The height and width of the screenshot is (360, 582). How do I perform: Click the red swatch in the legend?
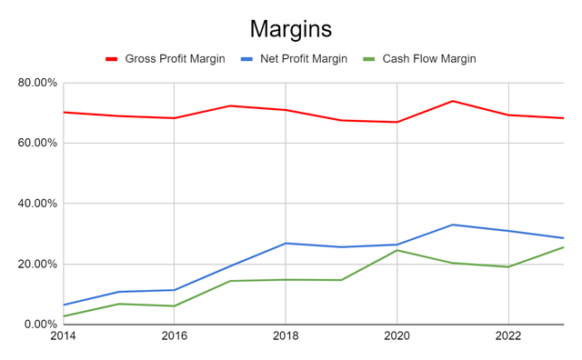click(x=113, y=59)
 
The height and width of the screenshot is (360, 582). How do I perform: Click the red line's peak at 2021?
click(x=452, y=101)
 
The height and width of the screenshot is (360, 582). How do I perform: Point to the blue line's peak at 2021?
click(x=452, y=225)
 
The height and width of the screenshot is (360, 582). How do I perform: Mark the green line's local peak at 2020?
click(x=396, y=250)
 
